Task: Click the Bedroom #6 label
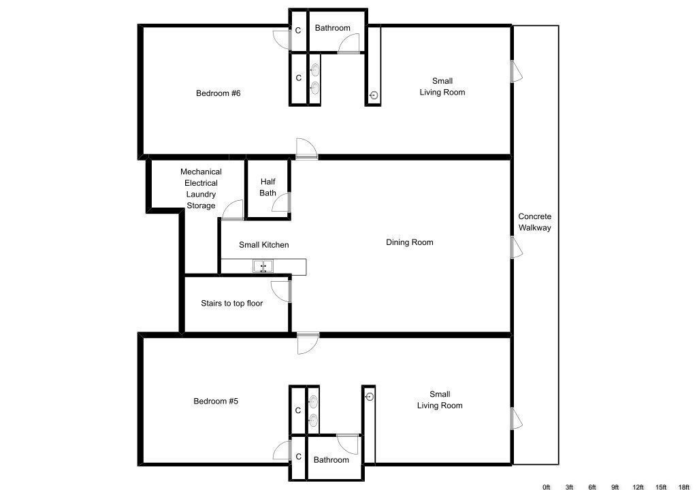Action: coord(218,93)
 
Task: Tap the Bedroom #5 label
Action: coord(216,401)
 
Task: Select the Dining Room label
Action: coord(409,242)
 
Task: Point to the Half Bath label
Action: coord(268,187)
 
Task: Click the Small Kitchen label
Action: coord(263,245)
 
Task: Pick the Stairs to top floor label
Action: coord(231,304)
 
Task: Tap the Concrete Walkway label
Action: coord(535,222)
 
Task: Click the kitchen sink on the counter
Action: coord(263,267)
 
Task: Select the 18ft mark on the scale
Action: coord(683,487)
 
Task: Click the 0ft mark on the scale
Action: coord(547,487)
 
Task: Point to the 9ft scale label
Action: coord(615,487)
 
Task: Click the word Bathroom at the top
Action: coord(332,28)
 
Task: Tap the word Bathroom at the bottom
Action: coord(331,460)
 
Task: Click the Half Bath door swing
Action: coord(281,202)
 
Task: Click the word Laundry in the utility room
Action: coord(201,195)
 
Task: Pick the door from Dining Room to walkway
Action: coord(516,248)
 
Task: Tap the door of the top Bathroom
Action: coord(349,44)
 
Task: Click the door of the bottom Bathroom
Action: coord(348,444)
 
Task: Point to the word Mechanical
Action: coord(201,171)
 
